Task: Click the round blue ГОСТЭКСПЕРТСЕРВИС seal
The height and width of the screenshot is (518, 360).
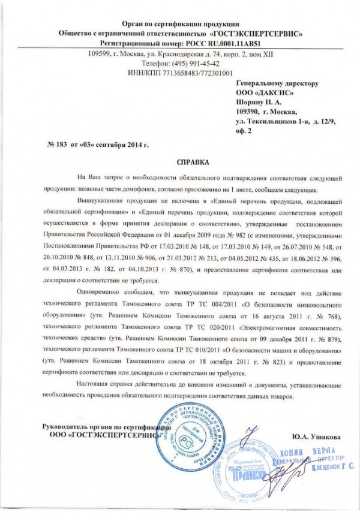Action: [187, 439]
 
